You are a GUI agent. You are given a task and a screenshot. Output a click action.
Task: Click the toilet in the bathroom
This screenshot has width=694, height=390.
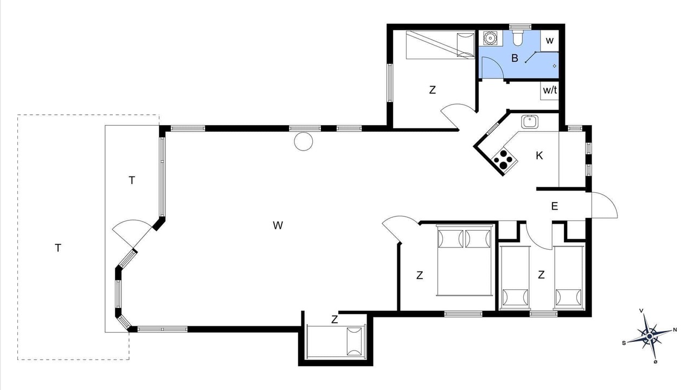coord(517,38)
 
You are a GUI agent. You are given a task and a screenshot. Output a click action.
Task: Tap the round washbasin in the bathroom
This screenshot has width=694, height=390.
coord(490,38)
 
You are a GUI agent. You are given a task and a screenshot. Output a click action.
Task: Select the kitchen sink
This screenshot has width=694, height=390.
coord(530,122)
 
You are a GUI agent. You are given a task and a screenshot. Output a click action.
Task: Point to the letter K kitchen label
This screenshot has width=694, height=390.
coord(539,155)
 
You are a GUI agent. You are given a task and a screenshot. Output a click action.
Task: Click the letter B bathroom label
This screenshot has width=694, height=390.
coord(515,58)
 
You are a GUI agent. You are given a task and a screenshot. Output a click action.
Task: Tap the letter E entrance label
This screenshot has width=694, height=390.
coord(555,206)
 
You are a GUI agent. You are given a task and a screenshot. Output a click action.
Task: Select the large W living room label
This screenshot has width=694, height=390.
coord(278,225)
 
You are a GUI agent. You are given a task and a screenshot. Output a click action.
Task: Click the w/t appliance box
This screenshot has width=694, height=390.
coord(549,90)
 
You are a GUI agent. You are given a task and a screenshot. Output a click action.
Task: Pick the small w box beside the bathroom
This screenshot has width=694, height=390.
coord(550,41)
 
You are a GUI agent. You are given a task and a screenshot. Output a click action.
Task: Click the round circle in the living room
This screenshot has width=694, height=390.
coord(303,141)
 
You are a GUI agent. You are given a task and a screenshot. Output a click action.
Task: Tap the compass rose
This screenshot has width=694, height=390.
coord(650,336)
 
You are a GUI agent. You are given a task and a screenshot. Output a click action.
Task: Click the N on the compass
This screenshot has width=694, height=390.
coord(675,330)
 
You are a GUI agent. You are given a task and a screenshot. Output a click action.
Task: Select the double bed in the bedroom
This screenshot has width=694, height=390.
coord(464,261)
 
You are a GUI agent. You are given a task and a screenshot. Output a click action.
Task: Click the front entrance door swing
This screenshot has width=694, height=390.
coord(605,205)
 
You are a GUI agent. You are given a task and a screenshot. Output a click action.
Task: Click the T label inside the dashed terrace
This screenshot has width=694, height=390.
coord(58,248)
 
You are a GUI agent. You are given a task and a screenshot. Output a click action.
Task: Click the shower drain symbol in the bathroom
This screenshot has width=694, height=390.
coord(555,66)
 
